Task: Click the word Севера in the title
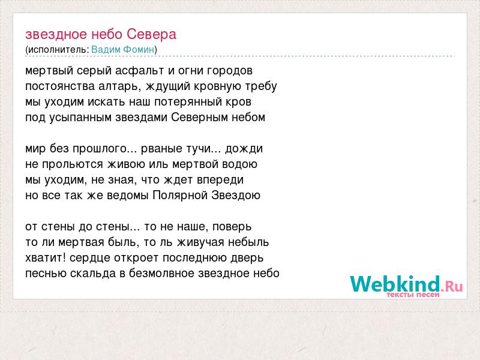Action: click(x=152, y=34)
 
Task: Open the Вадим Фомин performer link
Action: click(x=123, y=50)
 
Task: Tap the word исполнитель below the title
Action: click(x=58, y=50)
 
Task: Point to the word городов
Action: click(x=230, y=71)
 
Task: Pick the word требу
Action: click(x=261, y=86)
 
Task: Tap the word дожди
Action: click(x=244, y=149)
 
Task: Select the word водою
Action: click(x=239, y=164)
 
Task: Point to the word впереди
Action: click(x=220, y=180)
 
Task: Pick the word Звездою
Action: click(x=236, y=196)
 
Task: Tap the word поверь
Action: click(x=232, y=227)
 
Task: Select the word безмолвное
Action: click(x=161, y=274)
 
